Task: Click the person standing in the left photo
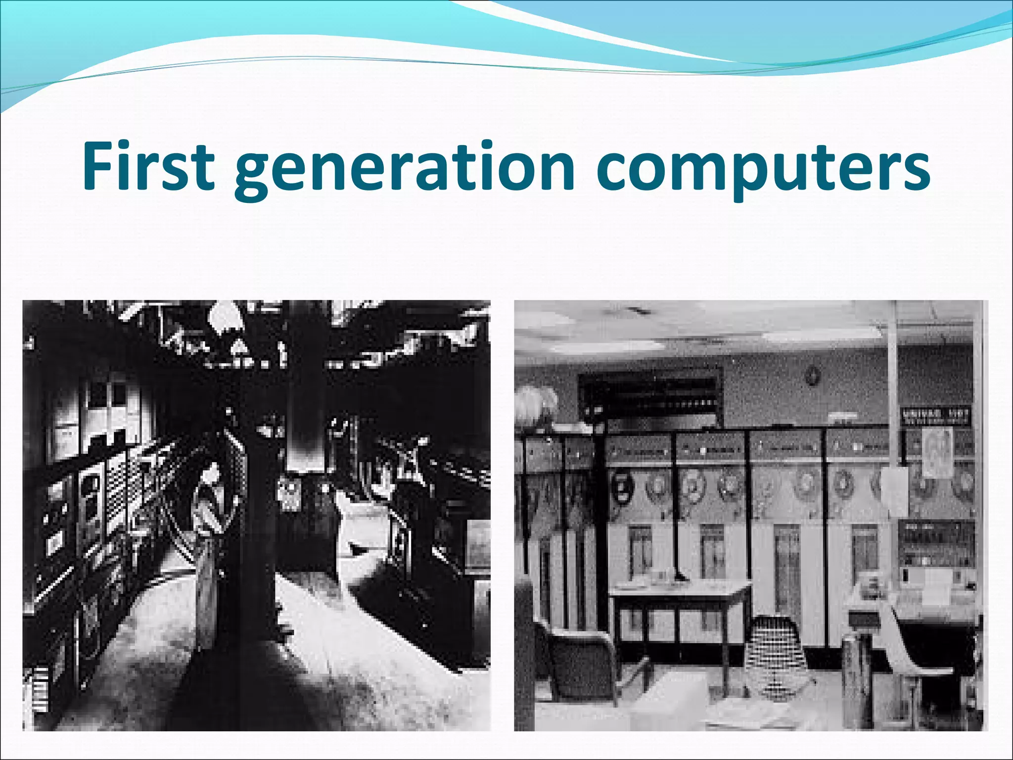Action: pyautogui.click(x=210, y=534)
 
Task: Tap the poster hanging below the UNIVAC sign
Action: pyautogui.click(x=937, y=452)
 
